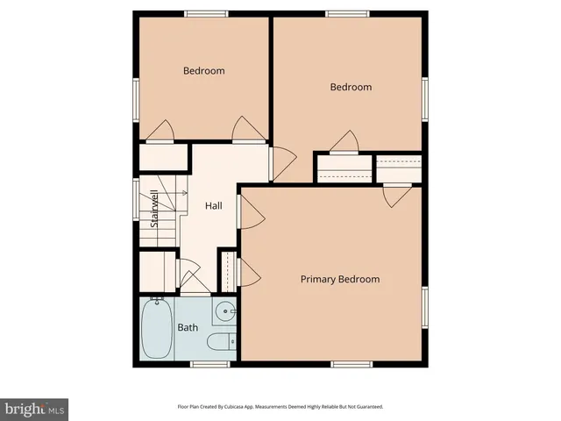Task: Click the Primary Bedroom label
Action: click(340, 279)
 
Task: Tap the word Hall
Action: click(213, 206)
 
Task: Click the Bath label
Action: click(188, 328)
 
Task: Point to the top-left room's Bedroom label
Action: click(203, 71)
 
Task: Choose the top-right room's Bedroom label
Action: click(351, 87)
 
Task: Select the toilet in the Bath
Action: click(224, 341)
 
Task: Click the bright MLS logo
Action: click(35, 409)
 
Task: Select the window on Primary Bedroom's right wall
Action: click(425, 310)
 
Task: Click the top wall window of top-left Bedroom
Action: click(206, 13)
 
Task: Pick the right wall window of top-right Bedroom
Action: click(425, 98)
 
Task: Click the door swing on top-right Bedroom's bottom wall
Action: click(344, 141)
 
